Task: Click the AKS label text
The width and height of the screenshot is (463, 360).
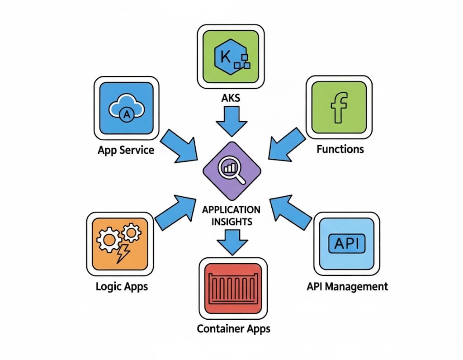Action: point(231,98)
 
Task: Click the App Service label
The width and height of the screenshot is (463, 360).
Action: point(126,150)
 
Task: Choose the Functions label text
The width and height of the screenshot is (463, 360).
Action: point(340,149)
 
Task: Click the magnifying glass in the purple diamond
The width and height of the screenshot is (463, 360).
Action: point(231,170)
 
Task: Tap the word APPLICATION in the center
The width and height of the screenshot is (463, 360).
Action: point(231,210)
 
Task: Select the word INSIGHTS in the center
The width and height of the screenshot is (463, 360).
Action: point(231,222)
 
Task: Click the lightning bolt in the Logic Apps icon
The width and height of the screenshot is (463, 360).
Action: point(123,253)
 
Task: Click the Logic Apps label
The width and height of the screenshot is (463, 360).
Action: point(122,286)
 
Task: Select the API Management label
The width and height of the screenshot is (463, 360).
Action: point(347,286)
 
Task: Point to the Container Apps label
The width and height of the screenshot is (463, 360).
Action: point(233,328)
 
